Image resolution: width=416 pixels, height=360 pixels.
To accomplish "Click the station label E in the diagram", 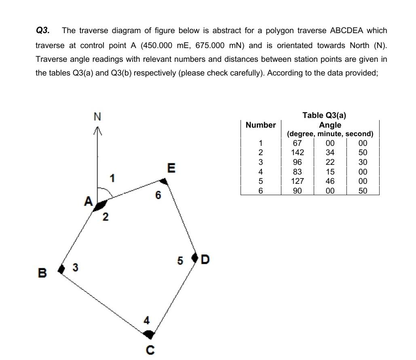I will [171, 168].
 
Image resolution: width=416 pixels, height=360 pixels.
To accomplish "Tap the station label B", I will [41, 273].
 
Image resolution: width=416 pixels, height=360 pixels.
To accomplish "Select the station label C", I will [150, 350].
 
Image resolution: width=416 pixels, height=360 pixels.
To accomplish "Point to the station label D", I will [205, 259].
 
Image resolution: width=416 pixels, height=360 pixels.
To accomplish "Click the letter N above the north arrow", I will [97, 117].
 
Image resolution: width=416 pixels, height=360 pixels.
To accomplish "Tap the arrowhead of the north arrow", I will [97, 130].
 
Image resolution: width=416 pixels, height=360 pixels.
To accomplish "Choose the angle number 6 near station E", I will [158, 196].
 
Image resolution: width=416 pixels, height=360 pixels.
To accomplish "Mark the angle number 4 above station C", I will [147, 321].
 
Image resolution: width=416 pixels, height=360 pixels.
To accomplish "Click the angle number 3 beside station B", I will [75, 267].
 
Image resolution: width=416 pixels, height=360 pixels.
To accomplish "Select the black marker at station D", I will [195, 257].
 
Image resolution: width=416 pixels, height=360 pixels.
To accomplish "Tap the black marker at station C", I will [149, 334].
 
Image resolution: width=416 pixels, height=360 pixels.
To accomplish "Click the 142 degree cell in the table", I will [297, 152].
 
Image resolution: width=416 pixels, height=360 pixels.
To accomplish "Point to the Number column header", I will [261, 125].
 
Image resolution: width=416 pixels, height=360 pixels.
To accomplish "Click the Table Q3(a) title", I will [325, 115].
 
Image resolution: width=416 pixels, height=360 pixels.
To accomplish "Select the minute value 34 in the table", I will [330, 152].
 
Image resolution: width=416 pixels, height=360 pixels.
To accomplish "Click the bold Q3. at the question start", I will [42, 31].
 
